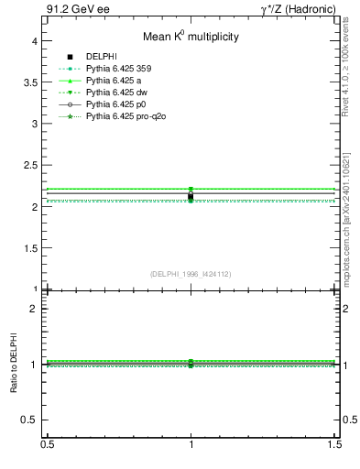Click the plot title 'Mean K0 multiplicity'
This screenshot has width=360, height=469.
191,38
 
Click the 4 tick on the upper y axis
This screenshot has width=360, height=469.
32,40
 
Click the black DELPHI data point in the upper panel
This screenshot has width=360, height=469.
191,196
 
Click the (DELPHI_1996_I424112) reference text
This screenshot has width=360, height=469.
191,274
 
